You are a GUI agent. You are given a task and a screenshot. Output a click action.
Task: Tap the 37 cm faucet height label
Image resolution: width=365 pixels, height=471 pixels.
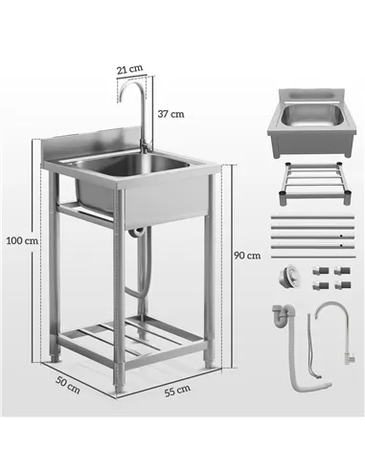coord(171,113)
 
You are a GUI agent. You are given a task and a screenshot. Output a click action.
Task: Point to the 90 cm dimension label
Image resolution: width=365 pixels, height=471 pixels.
coord(246,255)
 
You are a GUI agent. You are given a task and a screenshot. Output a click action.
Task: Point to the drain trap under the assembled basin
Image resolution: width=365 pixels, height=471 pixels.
coord(140,232)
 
